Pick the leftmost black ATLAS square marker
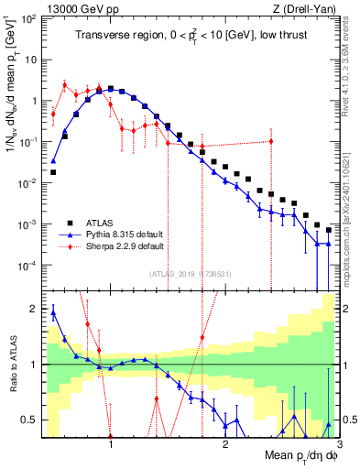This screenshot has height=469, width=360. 53,171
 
